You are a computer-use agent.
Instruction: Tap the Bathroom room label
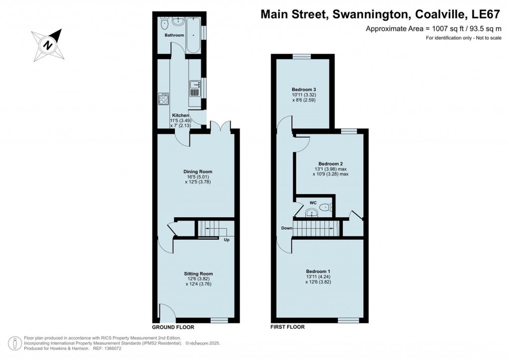(x=174, y=35)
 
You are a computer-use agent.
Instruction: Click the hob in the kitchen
(x=164, y=99)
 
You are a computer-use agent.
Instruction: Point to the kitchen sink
(x=195, y=88)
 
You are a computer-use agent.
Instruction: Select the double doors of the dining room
(x=218, y=127)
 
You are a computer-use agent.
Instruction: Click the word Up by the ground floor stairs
(x=226, y=240)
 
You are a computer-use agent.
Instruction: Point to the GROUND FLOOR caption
(x=173, y=327)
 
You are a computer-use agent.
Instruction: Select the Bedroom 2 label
(x=331, y=164)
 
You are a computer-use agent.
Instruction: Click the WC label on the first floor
(x=313, y=203)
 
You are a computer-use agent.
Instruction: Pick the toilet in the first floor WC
(x=325, y=208)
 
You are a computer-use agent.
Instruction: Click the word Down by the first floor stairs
(x=287, y=228)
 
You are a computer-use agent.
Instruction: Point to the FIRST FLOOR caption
(x=287, y=327)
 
